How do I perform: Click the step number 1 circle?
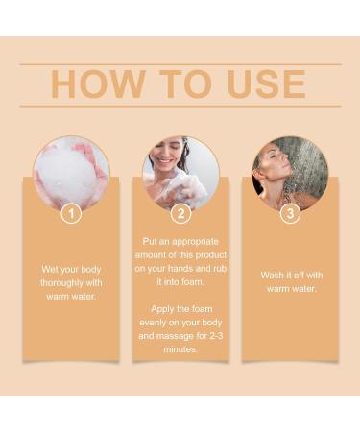(x=70, y=213)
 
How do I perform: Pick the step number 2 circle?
(x=180, y=213)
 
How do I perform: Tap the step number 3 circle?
(x=289, y=213)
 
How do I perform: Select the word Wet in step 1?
(x=51, y=269)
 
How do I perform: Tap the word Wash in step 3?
(x=274, y=275)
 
